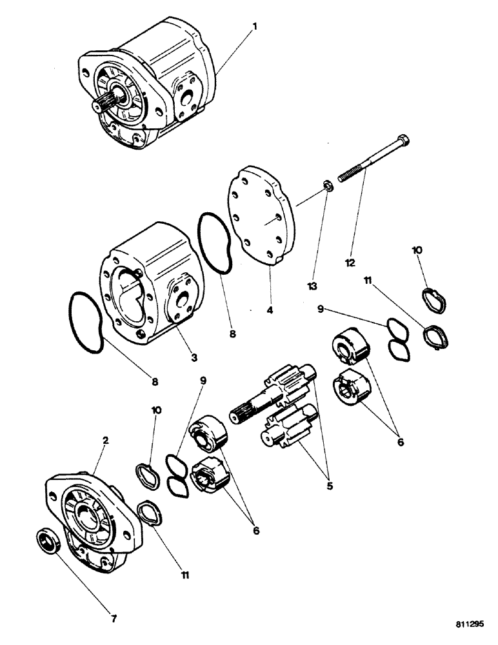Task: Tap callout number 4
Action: coord(270,310)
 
